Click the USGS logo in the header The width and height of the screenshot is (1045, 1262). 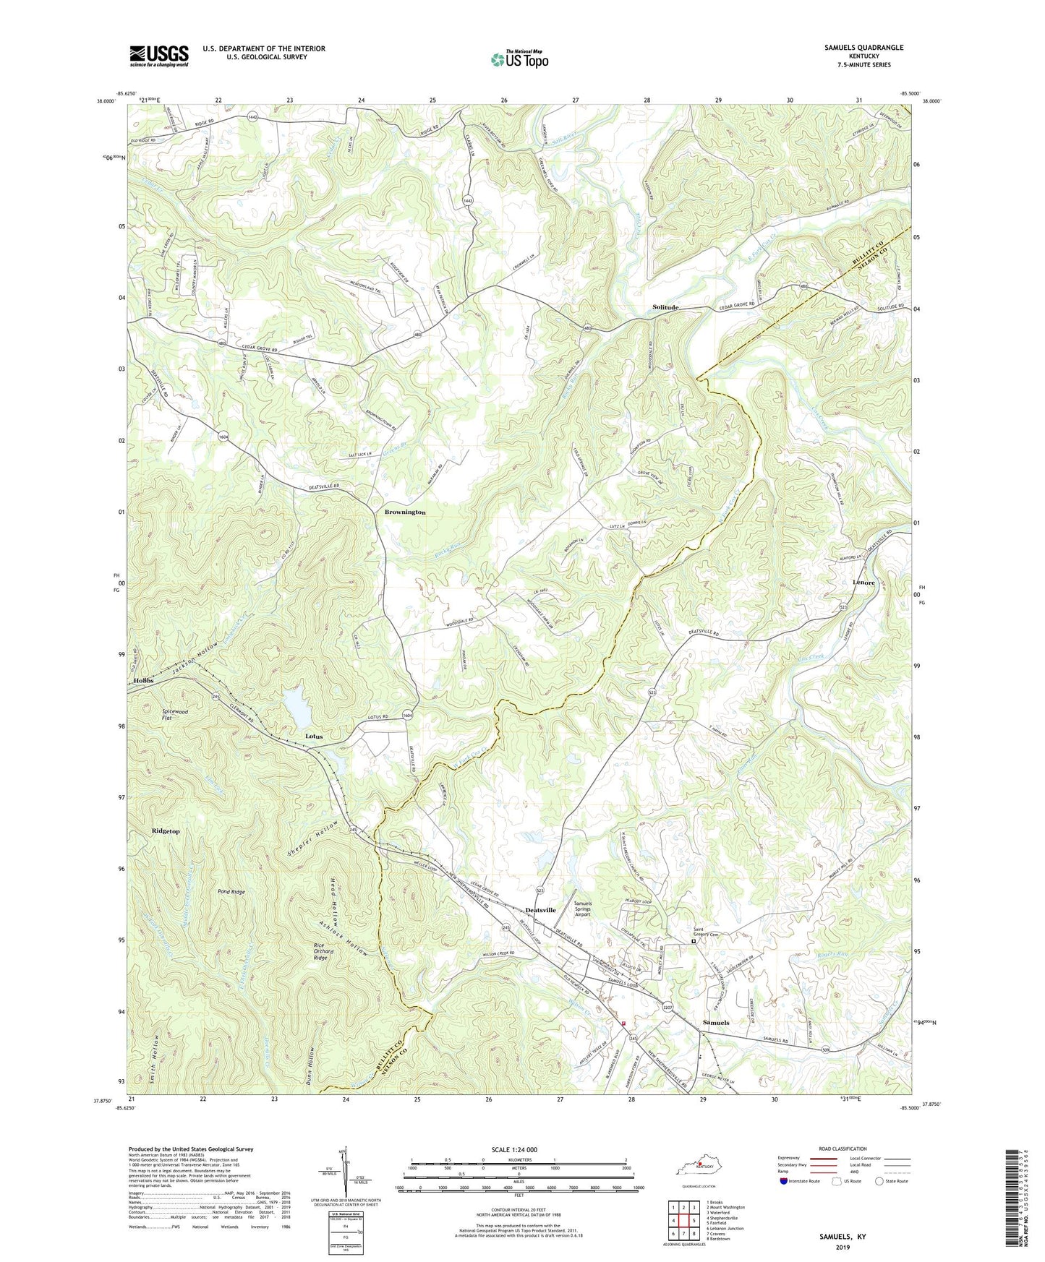pyautogui.click(x=159, y=55)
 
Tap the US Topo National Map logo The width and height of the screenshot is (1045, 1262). pyautogui.click(x=519, y=59)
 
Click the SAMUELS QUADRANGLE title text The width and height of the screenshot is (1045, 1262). pyautogui.click(x=863, y=48)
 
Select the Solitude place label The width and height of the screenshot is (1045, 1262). pyautogui.click(x=665, y=307)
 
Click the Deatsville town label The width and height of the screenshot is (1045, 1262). pyautogui.click(x=540, y=910)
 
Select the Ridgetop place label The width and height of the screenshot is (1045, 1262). pyautogui.click(x=166, y=831)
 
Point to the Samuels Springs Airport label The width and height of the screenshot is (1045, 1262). pyautogui.click(x=582, y=909)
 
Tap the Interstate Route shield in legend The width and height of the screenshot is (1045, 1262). pyautogui.click(x=784, y=1181)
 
